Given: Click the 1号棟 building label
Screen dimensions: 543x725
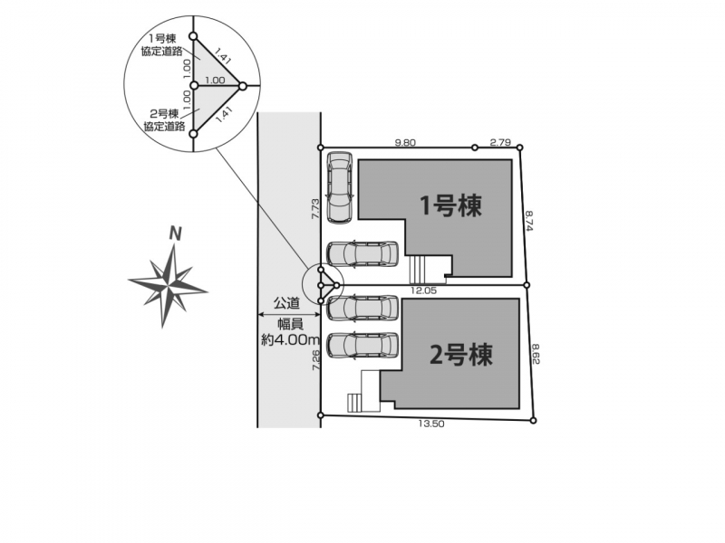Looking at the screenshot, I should [x=449, y=205].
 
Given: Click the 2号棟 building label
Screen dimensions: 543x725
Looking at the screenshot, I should [x=461, y=355].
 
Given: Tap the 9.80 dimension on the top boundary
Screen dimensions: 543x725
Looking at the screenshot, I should [x=404, y=142].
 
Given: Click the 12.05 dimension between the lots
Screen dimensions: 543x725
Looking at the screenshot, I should [x=423, y=291].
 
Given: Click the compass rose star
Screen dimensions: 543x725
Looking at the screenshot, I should [x=169, y=282].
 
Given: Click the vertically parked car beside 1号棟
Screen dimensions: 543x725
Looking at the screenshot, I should [x=339, y=186].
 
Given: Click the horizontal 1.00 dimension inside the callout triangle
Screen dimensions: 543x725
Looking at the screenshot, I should [x=214, y=80].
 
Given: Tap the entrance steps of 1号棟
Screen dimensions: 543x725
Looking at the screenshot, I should [x=417, y=269].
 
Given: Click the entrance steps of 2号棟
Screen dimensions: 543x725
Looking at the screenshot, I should [x=354, y=401].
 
